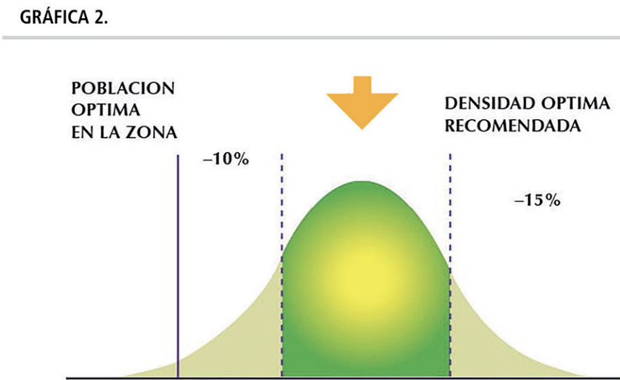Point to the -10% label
click(226, 159)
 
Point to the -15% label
click(537, 201)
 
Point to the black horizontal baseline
click(351, 379)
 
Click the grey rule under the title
click(310, 37)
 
